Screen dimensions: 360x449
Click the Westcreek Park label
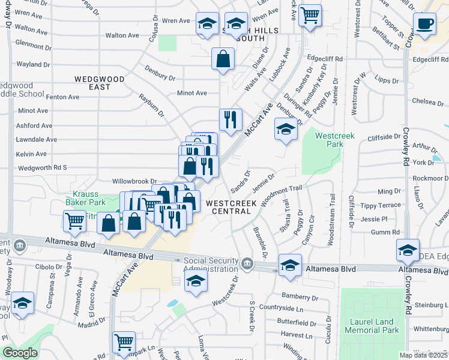point(336,140)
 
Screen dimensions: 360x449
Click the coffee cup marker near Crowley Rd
point(425,24)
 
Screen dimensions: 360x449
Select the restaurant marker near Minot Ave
point(231,119)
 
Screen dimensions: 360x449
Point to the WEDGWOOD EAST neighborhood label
point(100,83)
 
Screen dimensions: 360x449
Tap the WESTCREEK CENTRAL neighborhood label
point(231,208)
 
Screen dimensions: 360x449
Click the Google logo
point(20,353)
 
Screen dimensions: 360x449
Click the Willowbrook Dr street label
point(134,181)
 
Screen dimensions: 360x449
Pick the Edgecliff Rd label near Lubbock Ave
point(324,59)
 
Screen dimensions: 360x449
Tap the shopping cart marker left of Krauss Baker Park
point(74,221)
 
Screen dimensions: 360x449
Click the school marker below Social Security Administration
point(196,282)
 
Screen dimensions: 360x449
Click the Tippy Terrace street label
point(381,205)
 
